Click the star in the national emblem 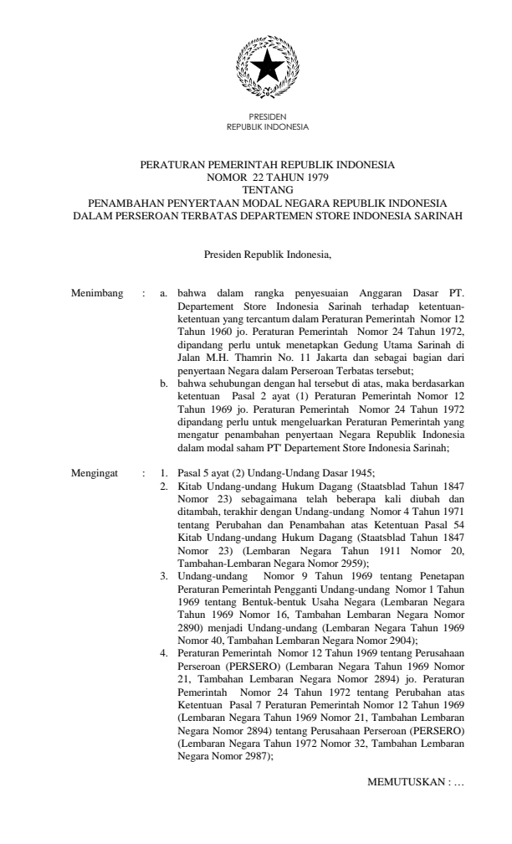point(267,64)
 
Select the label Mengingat point(98,473)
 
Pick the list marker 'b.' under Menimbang point(165,383)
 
